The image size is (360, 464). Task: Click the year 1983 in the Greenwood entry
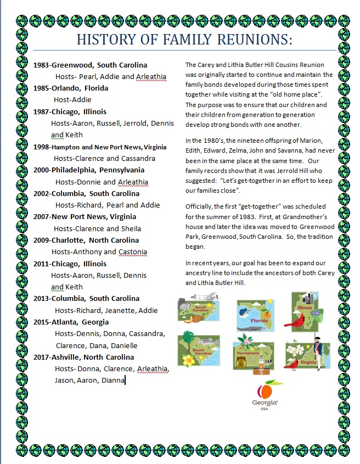pos(42,65)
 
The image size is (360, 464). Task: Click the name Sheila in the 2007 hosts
pos(131,228)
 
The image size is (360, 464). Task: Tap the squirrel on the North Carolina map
pos(185,305)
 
